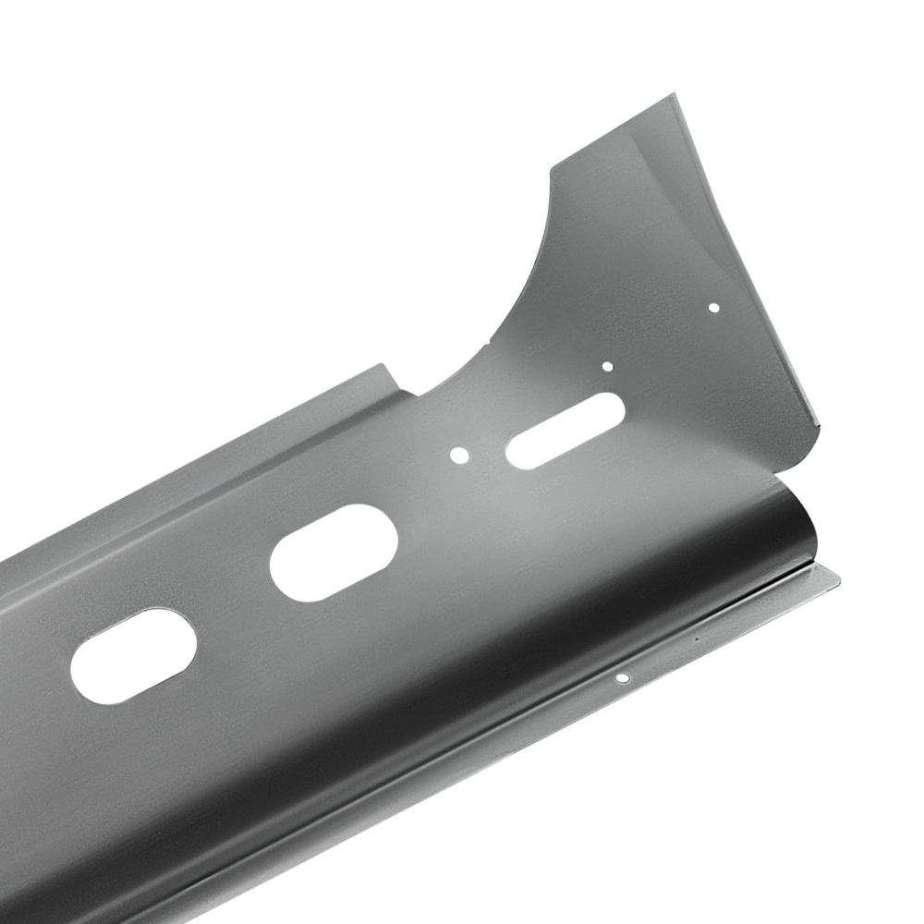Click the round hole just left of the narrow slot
pyautogui.click(x=459, y=455)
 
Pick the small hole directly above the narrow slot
pyautogui.click(x=607, y=366)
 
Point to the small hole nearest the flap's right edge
pyautogui.click(x=713, y=308)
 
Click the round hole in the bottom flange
pyautogui.click(x=623, y=679)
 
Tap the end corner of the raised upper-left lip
pyautogui.click(x=384, y=366)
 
